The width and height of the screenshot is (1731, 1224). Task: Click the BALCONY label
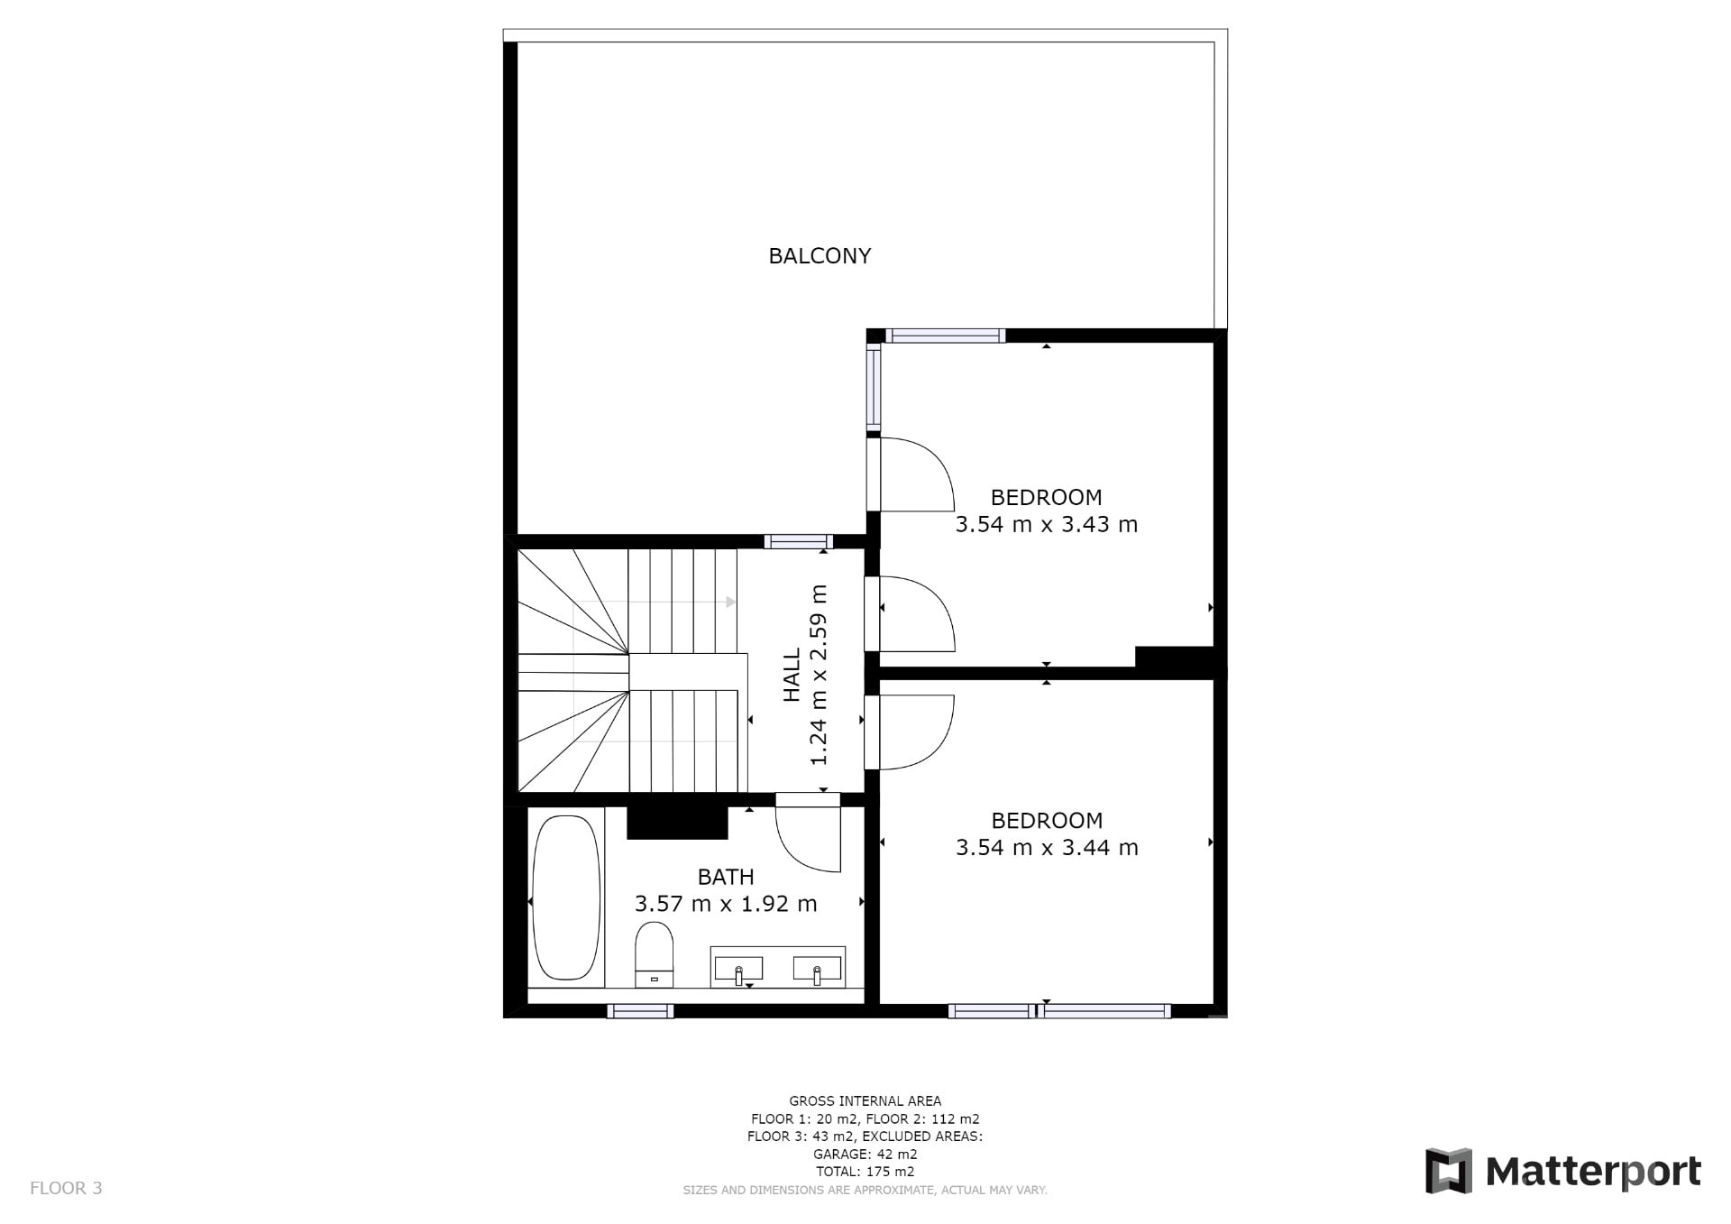(x=820, y=256)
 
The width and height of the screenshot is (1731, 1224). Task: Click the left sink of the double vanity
(x=738, y=969)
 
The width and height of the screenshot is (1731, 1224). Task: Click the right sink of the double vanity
(x=817, y=969)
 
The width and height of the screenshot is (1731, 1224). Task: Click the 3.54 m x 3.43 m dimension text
(x=1047, y=525)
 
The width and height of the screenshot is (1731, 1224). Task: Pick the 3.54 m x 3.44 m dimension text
(x=1047, y=848)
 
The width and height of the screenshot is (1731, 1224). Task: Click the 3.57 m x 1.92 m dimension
(x=726, y=904)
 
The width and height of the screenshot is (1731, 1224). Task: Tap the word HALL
(x=792, y=675)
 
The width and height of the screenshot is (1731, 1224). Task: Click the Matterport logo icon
(x=1448, y=1171)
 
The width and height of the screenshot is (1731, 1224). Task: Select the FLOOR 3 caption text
(x=66, y=1188)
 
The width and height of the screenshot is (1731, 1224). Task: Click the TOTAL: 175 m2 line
(x=865, y=1172)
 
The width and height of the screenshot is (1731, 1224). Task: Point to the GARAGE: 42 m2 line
(x=865, y=1154)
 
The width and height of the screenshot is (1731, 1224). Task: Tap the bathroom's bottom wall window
(x=640, y=1011)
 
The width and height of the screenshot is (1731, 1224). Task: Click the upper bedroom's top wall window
(x=945, y=336)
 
